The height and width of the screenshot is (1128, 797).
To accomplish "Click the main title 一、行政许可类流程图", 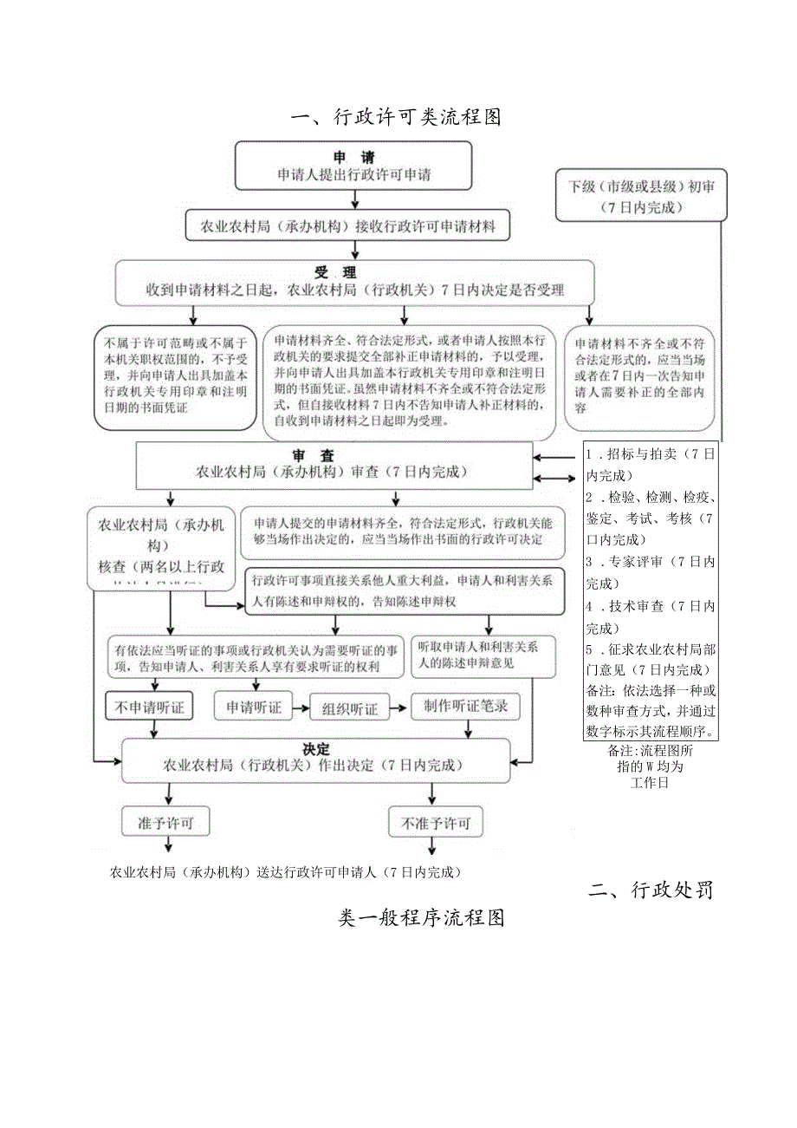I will click(x=397, y=116).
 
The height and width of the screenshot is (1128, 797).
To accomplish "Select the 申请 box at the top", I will click(x=354, y=166).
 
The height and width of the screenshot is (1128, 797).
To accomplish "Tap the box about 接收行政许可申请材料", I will click(x=347, y=226).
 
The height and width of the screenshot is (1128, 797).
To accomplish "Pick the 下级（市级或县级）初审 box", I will click(x=642, y=195).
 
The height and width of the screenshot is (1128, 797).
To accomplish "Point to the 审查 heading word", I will click(x=321, y=455).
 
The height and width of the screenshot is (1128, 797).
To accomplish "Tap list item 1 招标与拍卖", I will click(x=651, y=465).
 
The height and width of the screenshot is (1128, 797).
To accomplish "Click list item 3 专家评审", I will click(x=651, y=572).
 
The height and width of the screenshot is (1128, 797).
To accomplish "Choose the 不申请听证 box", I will click(x=146, y=707).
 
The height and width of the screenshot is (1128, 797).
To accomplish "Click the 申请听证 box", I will click(x=254, y=707).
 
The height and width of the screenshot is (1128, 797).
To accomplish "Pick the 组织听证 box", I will click(x=349, y=708).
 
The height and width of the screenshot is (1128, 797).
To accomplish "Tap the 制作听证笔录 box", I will click(x=466, y=706).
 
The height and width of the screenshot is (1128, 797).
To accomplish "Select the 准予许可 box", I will click(x=165, y=823).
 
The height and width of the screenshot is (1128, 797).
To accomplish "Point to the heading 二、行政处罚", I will click(x=651, y=890).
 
